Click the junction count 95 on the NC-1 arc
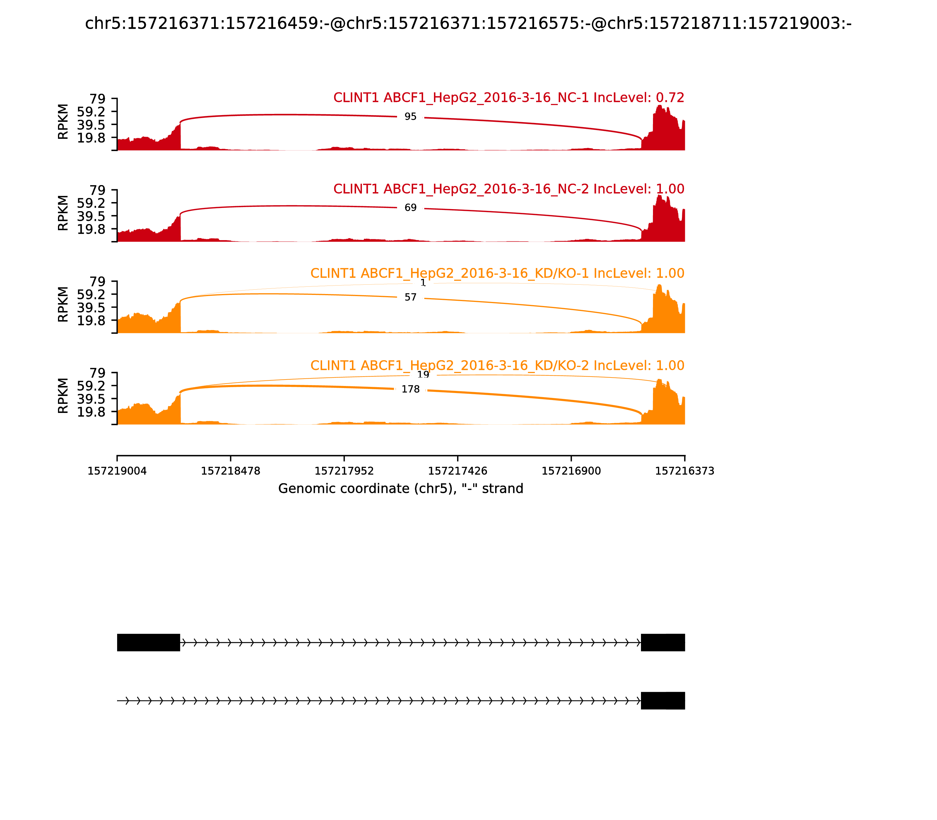[x=411, y=117]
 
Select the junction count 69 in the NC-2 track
[x=411, y=208]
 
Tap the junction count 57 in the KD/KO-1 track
[x=411, y=298]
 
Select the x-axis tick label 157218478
[x=231, y=471]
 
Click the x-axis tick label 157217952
[x=344, y=471]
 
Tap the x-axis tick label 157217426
[x=457, y=471]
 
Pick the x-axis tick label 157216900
[x=571, y=471]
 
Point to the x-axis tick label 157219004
[x=117, y=471]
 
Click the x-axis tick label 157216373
[x=685, y=471]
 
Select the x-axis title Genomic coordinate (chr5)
[x=400, y=489]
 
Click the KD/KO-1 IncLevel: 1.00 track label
[x=497, y=274]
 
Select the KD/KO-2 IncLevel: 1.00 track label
[x=497, y=365]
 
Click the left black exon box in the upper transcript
[x=148, y=643]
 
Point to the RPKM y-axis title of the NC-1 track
[x=63, y=122]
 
